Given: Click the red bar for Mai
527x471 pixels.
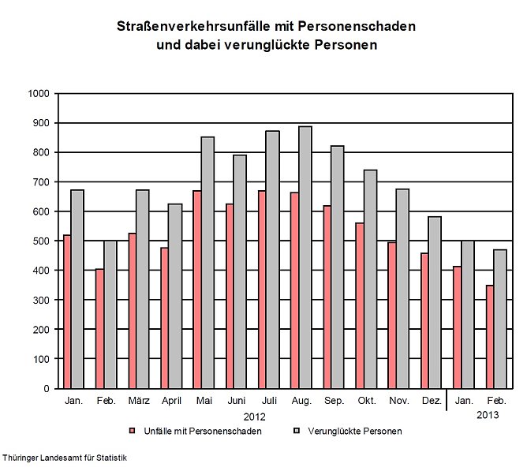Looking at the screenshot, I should pos(197,290).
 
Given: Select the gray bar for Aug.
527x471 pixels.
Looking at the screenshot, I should pos(305,257).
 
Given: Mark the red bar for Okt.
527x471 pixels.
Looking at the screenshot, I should pos(360,305).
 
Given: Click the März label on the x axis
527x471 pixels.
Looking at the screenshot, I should pos(138,402).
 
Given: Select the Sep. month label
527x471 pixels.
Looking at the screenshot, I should pos(334,402).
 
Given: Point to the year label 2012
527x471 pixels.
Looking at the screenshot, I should pos(254,416).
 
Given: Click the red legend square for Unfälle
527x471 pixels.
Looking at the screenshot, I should pos(133,432).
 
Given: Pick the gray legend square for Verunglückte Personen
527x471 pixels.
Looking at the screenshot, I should pos(297,432).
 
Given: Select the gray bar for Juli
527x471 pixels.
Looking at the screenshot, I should pos(271,260).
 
